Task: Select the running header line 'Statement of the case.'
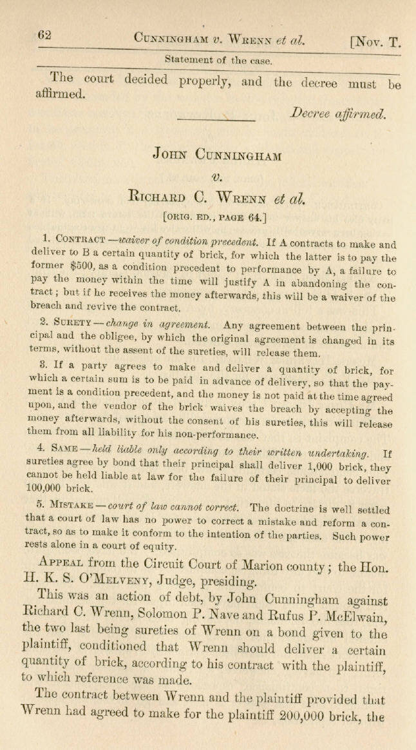point(218,60)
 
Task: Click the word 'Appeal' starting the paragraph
point(64,549)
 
